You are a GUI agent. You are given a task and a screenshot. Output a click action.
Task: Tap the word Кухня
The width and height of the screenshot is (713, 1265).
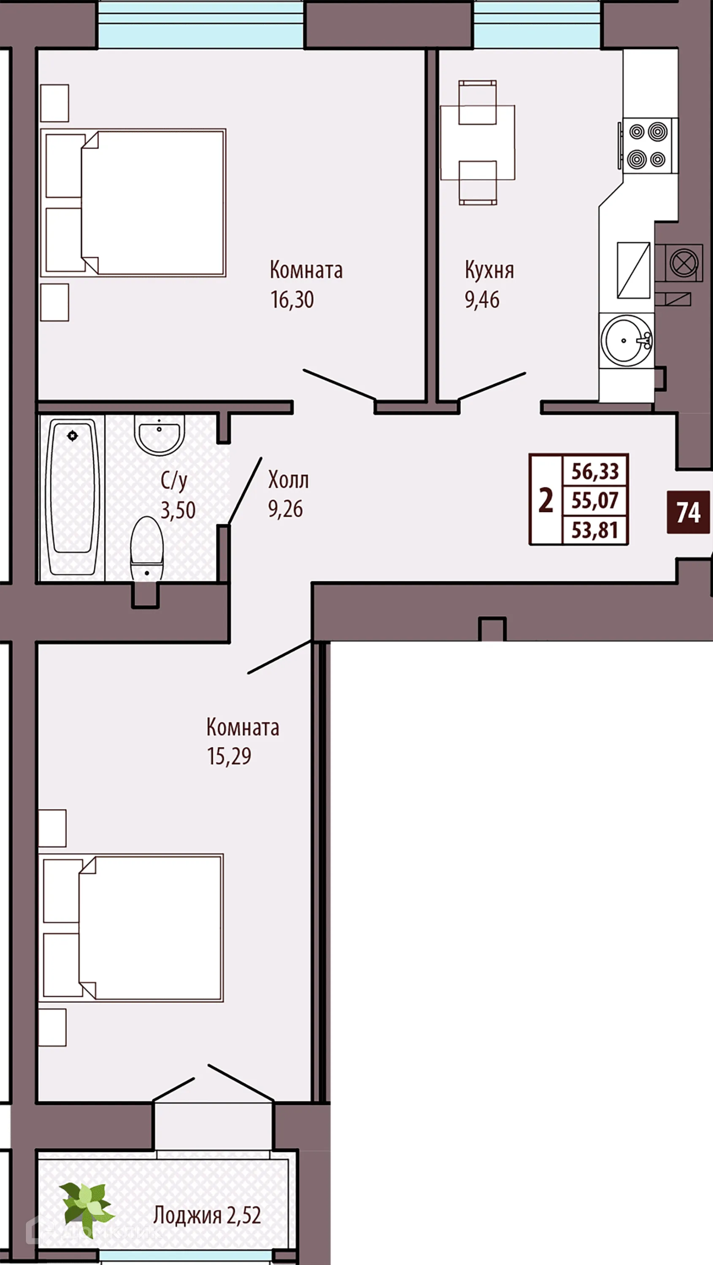click(x=489, y=270)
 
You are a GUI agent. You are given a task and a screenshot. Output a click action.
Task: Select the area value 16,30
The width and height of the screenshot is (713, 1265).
click(x=292, y=299)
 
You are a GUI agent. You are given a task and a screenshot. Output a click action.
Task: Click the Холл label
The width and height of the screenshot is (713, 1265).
click(x=289, y=480)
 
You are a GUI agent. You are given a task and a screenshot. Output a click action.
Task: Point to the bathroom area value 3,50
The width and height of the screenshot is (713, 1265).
click(x=178, y=510)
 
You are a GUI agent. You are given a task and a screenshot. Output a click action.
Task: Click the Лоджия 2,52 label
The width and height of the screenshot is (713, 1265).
click(x=207, y=1215)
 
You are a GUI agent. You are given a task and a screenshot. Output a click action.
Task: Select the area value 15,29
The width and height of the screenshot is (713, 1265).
click(x=229, y=756)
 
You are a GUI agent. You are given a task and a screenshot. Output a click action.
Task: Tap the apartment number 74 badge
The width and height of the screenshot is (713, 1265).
click(x=688, y=513)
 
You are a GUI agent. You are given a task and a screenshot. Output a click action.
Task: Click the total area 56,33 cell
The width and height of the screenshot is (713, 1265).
click(x=594, y=471)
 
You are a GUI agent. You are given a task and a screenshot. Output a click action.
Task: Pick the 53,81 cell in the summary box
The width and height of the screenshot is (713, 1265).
click(x=594, y=530)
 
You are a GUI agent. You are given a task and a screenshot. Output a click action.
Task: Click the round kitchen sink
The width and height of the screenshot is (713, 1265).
click(x=626, y=340)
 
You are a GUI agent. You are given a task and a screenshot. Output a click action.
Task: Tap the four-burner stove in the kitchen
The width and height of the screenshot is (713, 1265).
click(x=647, y=145)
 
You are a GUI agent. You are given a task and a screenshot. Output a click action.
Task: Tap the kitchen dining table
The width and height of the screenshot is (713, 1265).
click(x=477, y=143)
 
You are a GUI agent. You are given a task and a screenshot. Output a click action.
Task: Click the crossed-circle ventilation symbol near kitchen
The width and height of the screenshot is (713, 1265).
click(x=683, y=263)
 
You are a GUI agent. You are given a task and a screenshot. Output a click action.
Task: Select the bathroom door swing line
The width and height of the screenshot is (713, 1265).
click(x=245, y=490)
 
